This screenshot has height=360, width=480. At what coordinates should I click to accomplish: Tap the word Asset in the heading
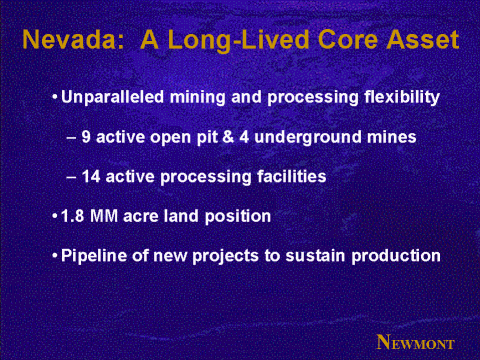click(423, 40)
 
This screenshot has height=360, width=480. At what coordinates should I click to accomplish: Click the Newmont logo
click(415, 342)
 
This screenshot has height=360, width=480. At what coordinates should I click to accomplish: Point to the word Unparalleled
click(112, 97)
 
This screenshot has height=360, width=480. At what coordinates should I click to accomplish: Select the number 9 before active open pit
click(86, 137)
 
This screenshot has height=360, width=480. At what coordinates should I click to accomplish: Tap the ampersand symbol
click(228, 137)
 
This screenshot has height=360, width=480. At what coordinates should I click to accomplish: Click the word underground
click(308, 138)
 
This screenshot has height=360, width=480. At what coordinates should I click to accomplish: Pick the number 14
click(91, 176)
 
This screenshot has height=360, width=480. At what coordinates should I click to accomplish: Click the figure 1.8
click(73, 216)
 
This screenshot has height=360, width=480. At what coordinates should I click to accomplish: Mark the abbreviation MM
click(104, 216)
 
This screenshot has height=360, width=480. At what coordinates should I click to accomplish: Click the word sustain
click(315, 256)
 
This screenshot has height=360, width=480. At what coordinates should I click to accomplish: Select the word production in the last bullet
click(396, 256)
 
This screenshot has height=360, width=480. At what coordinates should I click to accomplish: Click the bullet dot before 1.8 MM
click(55, 216)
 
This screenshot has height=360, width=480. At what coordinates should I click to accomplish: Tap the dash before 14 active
click(71, 177)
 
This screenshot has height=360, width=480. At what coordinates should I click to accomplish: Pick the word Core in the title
click(347, 40)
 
